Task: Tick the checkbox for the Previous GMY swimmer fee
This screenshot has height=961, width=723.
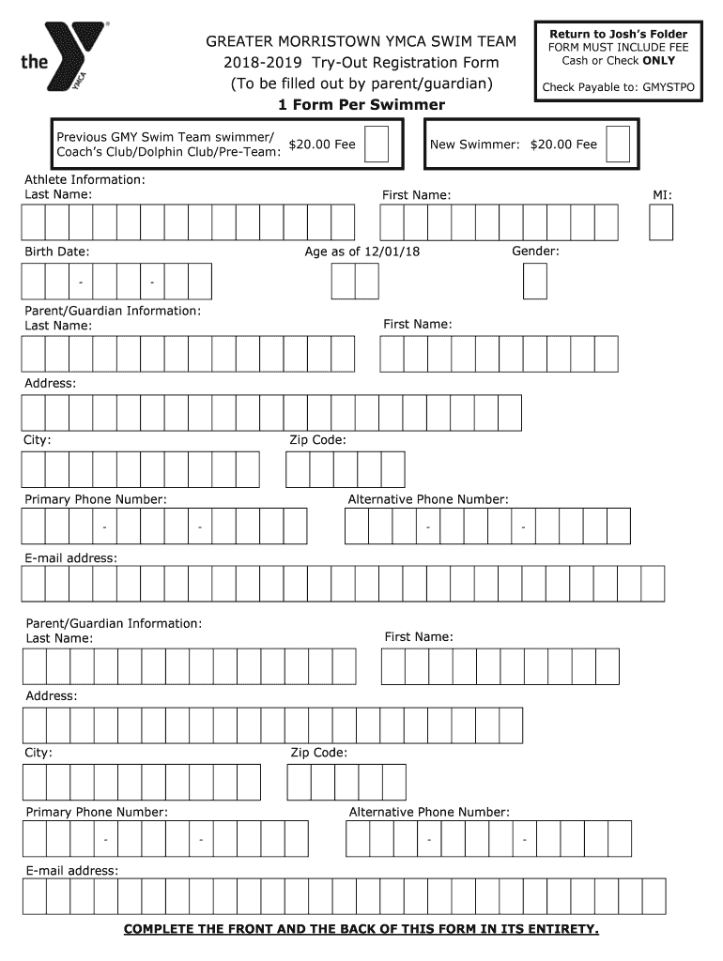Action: (x=377, y=145)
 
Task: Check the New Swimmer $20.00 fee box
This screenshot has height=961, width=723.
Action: (x=618, y=145)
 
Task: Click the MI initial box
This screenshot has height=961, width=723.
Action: (x=661, y=223)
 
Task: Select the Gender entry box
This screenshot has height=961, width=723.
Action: (x=534, y=281)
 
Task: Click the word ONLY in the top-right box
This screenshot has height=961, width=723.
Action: (x=658, y=61)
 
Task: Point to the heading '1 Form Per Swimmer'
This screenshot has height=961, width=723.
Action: (x=361, y=104)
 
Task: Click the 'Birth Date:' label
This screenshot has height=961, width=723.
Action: (x=57, y=252)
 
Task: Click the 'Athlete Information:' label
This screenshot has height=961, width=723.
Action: (x=85, y=178)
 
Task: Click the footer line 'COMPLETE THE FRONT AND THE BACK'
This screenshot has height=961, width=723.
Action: (x=361, y=929)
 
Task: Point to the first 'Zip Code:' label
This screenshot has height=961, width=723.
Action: (x=317, y=439)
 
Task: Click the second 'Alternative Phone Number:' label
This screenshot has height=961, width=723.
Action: (x=429, y=812)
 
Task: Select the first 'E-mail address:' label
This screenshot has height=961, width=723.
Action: (x=70, y=557)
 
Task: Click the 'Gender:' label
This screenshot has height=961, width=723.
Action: (x=535, y=252)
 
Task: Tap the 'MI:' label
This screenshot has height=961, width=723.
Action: (x=662, y=194)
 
